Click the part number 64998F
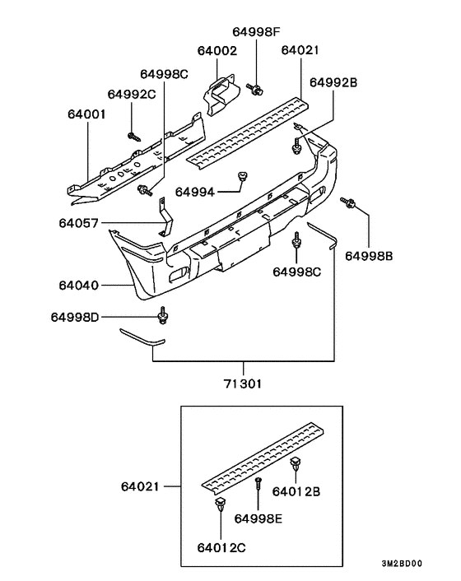coord(256,32)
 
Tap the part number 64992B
coord(333,82)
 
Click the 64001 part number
coord(86,116)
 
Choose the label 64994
coord(195,192)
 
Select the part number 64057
coord(78,222)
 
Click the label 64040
coord(79,286)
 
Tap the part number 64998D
coord(76,317)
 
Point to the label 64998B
coord(369,256)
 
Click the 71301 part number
coord(244,383)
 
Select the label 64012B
coord(319,492)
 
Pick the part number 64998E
coord(258,518)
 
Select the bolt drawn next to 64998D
coord(162,316)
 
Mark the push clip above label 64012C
coord(219,504)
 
